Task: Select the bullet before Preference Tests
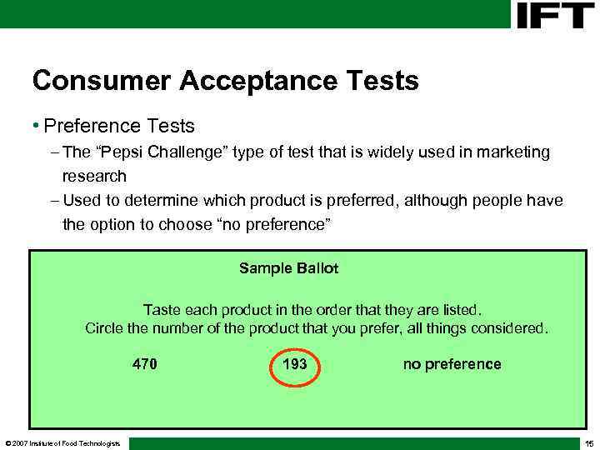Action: pyautogui.click(x=36, y=127)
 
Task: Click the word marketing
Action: pyautogui.click(x=509, y=152)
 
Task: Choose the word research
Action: pyautogui.click(x=94, y=176)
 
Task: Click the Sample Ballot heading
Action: pyautogui.click(x=288, y=268)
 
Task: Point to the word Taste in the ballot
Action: pyautogui.click(x=162, y=310)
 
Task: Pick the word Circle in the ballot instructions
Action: pyautogui.click(x=105, y=328)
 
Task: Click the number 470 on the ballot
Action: pyautogui.click(x=145, y=364)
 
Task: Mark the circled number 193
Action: pyautogui.click(x=295, y=365)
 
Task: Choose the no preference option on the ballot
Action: pyautogui.click(x=452, y=364)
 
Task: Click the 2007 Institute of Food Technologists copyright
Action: pyautogui.click(x=62, y=442)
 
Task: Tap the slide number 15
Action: pyautogui.click(x=588, y=442)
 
